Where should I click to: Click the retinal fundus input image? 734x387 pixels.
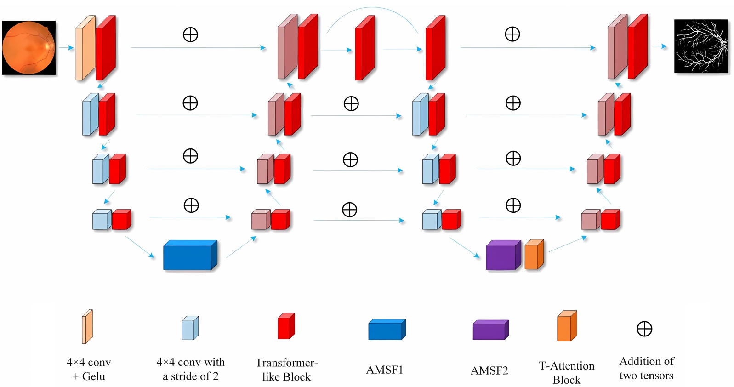pos(28,47)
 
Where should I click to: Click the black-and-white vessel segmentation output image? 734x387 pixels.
pos(701,46)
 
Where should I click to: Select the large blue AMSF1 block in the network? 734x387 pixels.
pos(190,255)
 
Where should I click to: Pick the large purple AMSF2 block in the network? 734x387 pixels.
pos(503,255)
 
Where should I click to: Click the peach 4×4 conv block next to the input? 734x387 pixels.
pos(85,48)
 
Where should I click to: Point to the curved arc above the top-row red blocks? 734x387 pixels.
pos(372,9)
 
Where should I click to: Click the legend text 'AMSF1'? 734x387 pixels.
pos(384,370)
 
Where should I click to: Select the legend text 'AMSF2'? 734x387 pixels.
pos(489,370)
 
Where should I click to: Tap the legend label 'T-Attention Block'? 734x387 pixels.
pos(566,373)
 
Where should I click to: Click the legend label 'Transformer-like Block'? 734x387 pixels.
pos(286,370)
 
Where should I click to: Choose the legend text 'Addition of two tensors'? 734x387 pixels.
pos(646,368)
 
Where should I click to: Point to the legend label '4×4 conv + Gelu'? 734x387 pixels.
pos(89,369)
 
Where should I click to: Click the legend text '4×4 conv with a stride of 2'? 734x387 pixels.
pos(190,369)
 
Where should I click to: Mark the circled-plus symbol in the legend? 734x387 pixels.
pos(644,329)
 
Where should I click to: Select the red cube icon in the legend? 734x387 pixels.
pos(286,326)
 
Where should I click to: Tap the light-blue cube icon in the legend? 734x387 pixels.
pos(190,328)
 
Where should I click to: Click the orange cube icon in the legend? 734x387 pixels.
pos(567,326)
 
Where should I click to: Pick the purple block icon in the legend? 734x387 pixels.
pos(490,330)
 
